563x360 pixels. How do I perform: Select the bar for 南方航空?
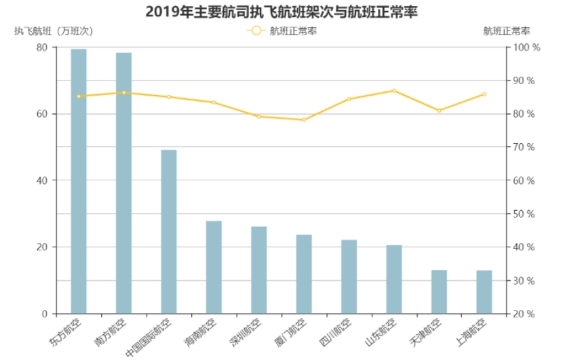(x=123, y=183)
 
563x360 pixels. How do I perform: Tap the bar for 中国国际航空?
(x=168, y=231)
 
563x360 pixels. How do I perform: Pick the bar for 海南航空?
(x=214, y=267)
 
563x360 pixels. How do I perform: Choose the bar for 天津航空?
(x=439, y=292)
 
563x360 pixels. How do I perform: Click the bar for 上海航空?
(x=484, y=292)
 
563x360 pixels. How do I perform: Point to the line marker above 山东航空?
(x=393, y=90)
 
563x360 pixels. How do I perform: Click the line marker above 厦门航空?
(x=303, y=120)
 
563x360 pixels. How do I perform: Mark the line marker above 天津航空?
(x=439, y=111)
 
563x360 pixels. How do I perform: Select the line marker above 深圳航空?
(x=258, y=117)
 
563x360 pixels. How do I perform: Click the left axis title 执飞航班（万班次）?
(x=54, y=31)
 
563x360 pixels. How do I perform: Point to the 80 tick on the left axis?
(x=41, y=47)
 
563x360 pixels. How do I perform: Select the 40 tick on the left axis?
(x=41, y=180)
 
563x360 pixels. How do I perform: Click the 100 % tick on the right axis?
(x=526, y=47)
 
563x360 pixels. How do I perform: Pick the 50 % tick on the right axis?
(x=526, y=214)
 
